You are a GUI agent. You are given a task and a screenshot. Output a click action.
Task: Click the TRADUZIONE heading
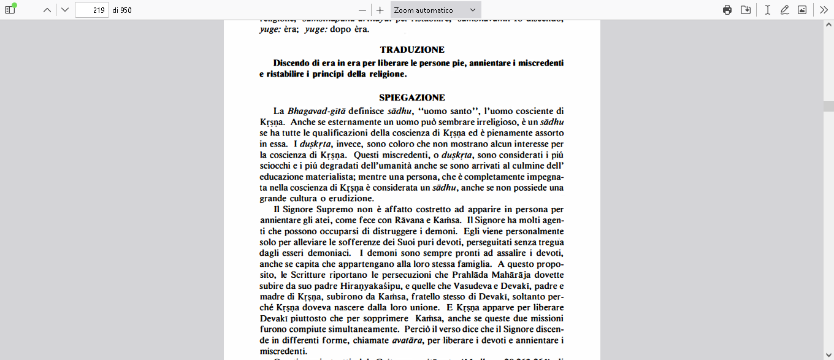412,50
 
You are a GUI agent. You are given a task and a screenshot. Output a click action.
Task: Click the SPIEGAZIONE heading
412,98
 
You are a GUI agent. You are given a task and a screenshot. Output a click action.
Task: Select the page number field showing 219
91,10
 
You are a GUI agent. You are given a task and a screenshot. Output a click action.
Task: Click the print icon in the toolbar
727,10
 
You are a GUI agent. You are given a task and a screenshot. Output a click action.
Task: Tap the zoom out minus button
362,10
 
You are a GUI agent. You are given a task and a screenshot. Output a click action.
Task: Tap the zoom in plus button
380,10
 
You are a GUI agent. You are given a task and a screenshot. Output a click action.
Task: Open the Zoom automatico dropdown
435,10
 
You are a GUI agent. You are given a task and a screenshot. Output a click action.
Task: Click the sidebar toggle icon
10,10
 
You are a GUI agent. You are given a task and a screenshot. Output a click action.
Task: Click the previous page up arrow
47,10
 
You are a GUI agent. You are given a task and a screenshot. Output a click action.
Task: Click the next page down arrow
65,10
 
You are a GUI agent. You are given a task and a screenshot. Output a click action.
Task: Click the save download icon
746,10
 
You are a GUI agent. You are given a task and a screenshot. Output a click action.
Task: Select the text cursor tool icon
767,10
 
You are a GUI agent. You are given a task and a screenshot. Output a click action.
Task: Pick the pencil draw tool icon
784,10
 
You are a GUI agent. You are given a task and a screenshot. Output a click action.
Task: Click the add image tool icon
802,10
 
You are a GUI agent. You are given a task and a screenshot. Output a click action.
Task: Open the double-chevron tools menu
824,10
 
